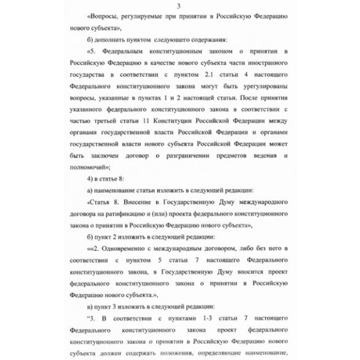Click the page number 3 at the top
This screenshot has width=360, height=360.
[180, 6]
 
